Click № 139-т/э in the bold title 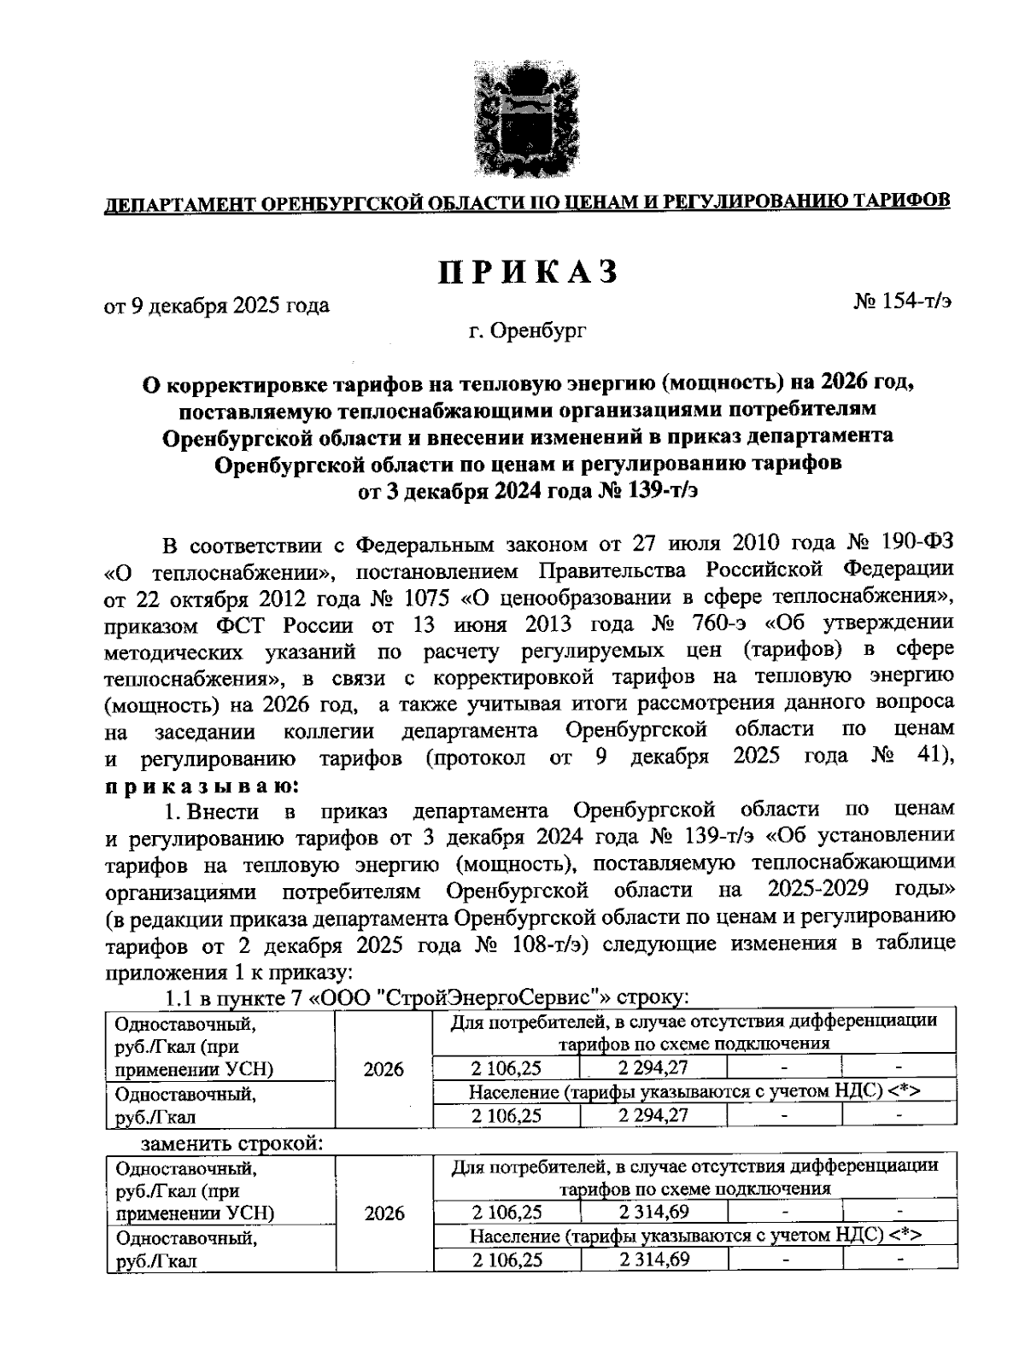658,492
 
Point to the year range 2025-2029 818,889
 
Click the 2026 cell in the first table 384,1068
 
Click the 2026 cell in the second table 384,1213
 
